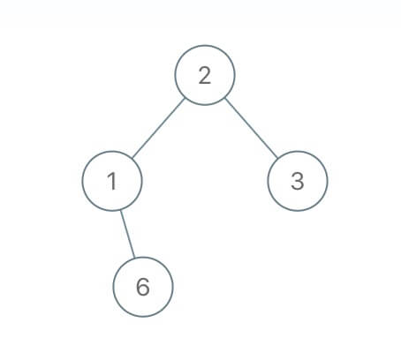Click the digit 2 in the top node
click(x=205, y=75)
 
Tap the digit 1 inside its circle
click(x=112, y=181)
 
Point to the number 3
click(x=298, y=181)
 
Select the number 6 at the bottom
click(x=143, y=287)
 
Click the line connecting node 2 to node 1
click(x=158, y=128)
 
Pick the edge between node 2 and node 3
click(x=251, y=128)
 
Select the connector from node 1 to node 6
click(x=127, y=234)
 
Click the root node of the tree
click(x=205, y=75)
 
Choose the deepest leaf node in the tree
click(x=143, y=287)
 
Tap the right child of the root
click(x=298, y=181)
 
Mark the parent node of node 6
click(x=112, y=181)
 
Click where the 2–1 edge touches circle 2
click(x=185, y=98)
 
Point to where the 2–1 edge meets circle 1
click(x=132, y=159)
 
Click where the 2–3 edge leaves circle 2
click(x=225, y=98)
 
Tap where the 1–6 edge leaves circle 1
click(x=120, y=210)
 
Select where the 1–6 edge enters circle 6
click(x=135, y=258)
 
